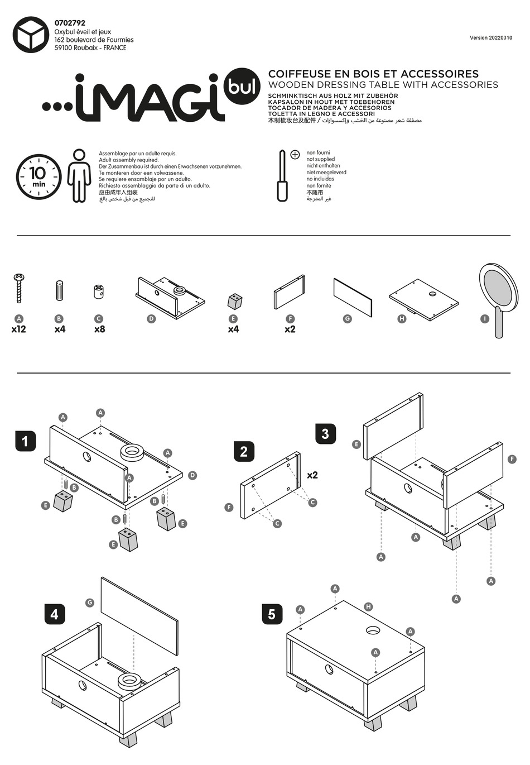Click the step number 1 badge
(x=25, y=441)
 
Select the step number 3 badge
(x=325, y=433)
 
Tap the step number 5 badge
(x=272, y=614)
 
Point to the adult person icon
(x=79, y=175)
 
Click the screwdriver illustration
(x=282, y=176)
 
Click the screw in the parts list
(x=19, y=288)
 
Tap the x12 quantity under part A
(x=19, y=329)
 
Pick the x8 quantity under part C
(x=99, y=329)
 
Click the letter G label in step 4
(x=89, y=603)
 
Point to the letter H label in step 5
(x=368, y=606)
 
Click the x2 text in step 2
(x=312, y=475)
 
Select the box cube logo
(x=31, y=35)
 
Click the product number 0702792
(x=70, y=23)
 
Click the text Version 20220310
(x=491, y=38)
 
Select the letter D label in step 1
(x=192, y=475)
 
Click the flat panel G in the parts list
(x=353, y=297)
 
